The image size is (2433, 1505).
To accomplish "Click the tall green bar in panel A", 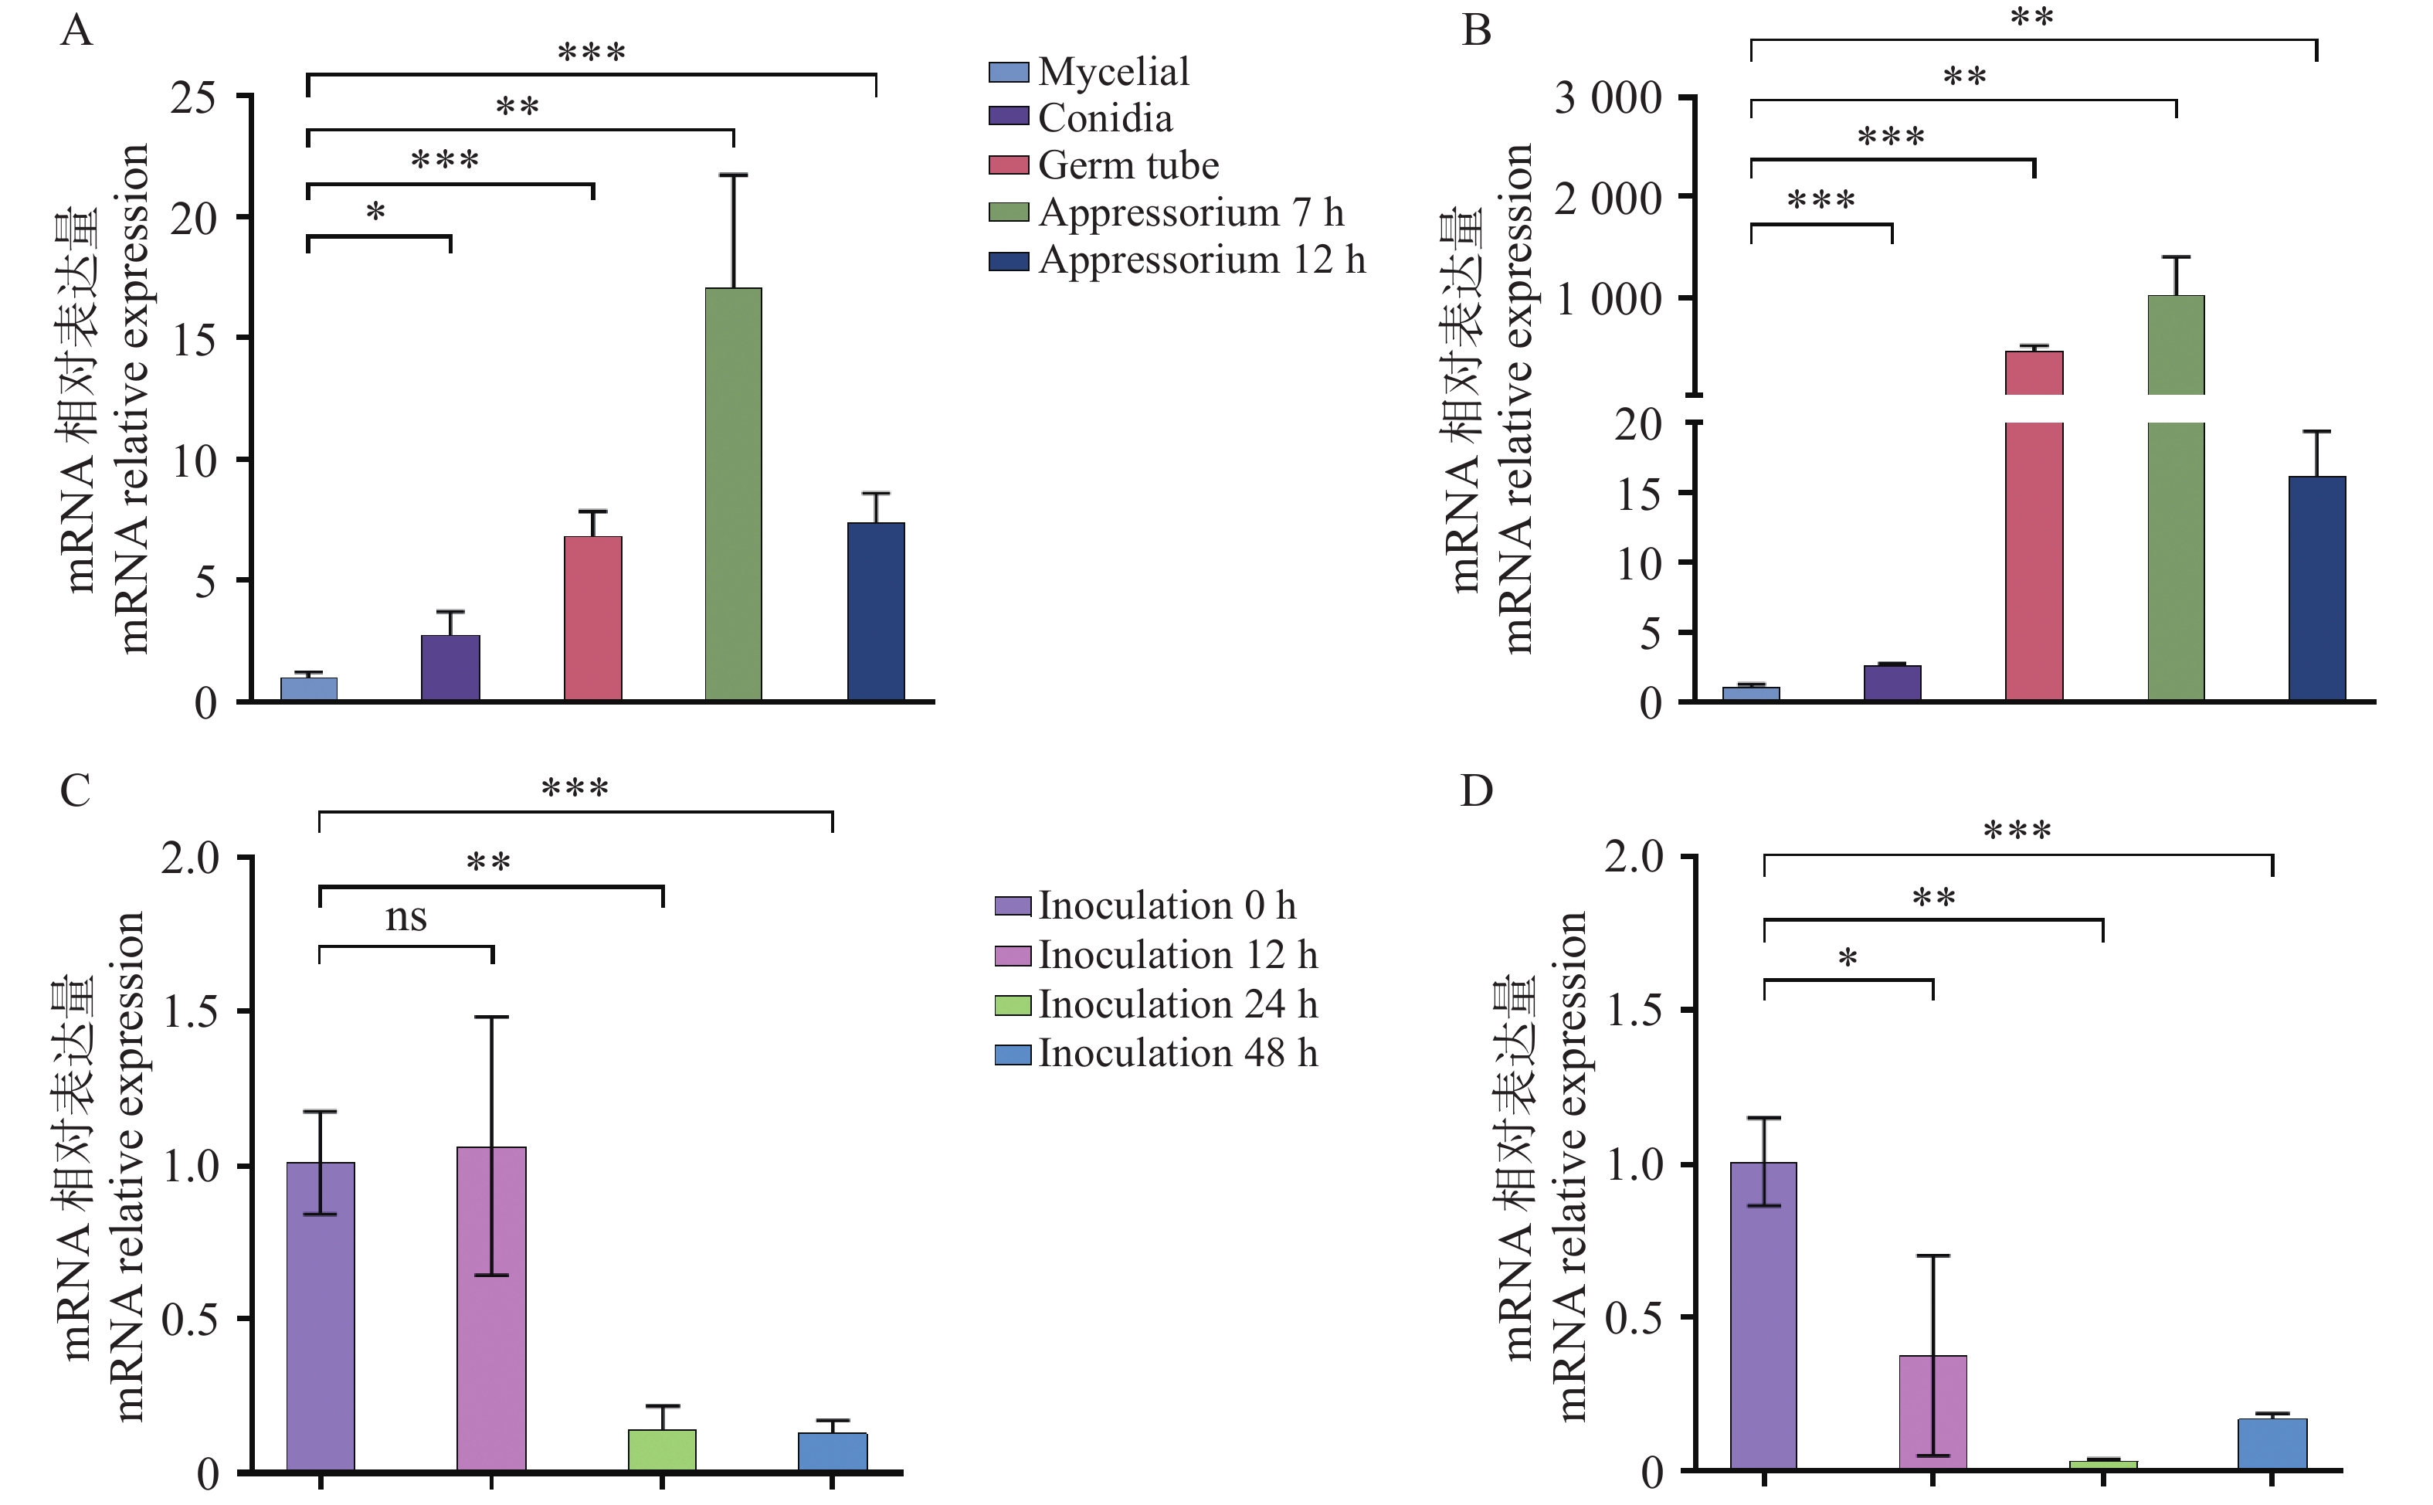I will pos(734,494).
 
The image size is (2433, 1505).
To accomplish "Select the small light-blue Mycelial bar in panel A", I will pos(308,689).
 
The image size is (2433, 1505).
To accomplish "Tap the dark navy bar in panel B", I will pos(2316,588).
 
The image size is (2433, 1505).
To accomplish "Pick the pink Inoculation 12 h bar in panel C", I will pos(491,1308).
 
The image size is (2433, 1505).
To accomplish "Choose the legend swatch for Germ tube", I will pos(1008,165).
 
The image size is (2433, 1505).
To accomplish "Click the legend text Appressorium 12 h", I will pos(1201,261).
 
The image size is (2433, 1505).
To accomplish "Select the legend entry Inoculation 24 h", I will pos(1177,1004).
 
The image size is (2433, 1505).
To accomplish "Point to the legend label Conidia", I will pos(1105,118).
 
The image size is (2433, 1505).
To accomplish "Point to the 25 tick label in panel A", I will pos(193,97).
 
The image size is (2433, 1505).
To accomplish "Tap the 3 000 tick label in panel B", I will pos(1608,99).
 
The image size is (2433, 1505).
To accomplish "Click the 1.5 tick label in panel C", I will pos(191,1012).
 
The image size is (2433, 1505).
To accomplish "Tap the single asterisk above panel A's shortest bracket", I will pos(375,212).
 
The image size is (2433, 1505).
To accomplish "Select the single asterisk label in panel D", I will pos(1847,960).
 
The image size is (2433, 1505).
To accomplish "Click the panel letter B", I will pos(1476,30).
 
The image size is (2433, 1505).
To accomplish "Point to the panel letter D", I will pos(1476,790).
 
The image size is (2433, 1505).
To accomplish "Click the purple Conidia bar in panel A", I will pos(451,668).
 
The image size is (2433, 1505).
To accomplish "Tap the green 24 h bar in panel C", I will pos(662,1449).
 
